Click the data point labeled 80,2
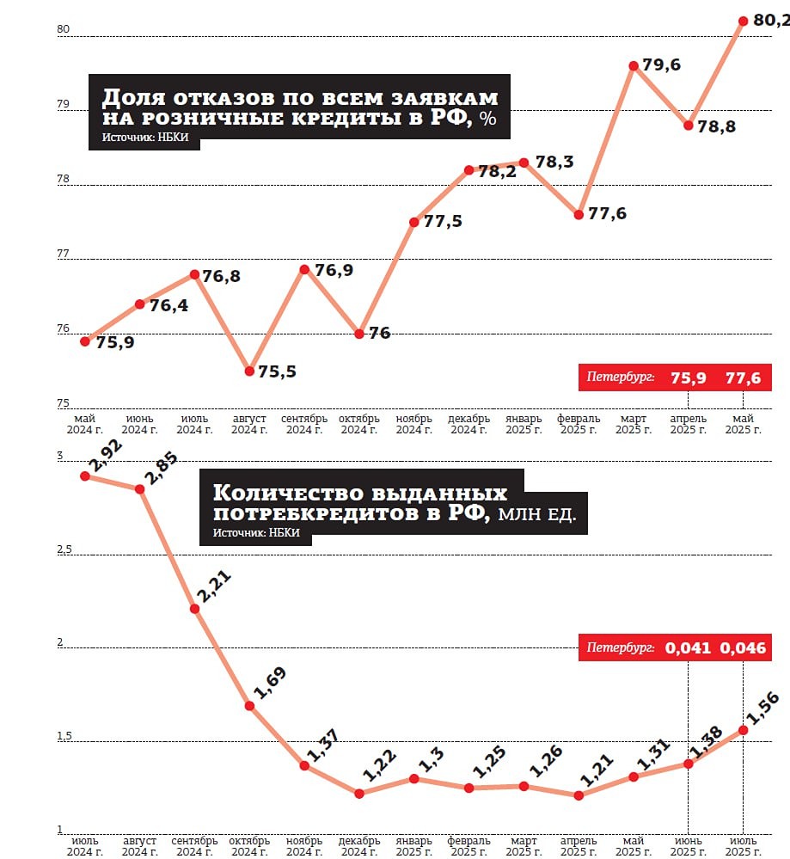pyautogui.click(x=743, y=21)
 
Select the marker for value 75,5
pyautogui.click(x=249, y=371)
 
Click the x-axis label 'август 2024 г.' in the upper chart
pyautogui.click(x=248, y=424)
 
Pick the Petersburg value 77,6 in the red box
pyautogui.click(x=744, y=377)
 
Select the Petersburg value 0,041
pyautogui.click(x=687, y=647)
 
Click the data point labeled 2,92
pyautogui.click(x=85, y=476)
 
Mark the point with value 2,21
pyautogui.click(x=194, y=609)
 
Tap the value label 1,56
pyautogui.click(x=764, y=710)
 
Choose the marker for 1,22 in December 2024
pyautogui.click(x=359, y=793)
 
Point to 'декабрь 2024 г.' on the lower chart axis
pyautogui.click(x=358, y=845)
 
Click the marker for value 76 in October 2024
pyautogui.click(x=359, y=334)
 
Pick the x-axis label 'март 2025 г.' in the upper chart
pyautogui.click(x=633, y=424)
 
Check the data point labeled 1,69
pyautogui.click(x=249, y=706)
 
